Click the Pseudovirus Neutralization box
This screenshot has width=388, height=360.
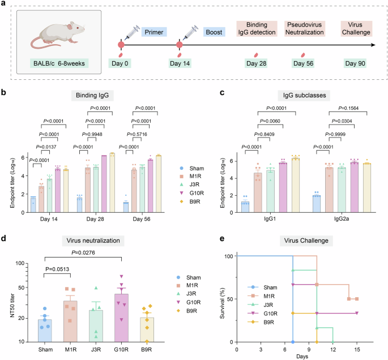pyautogui.click(x=303, y=30)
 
